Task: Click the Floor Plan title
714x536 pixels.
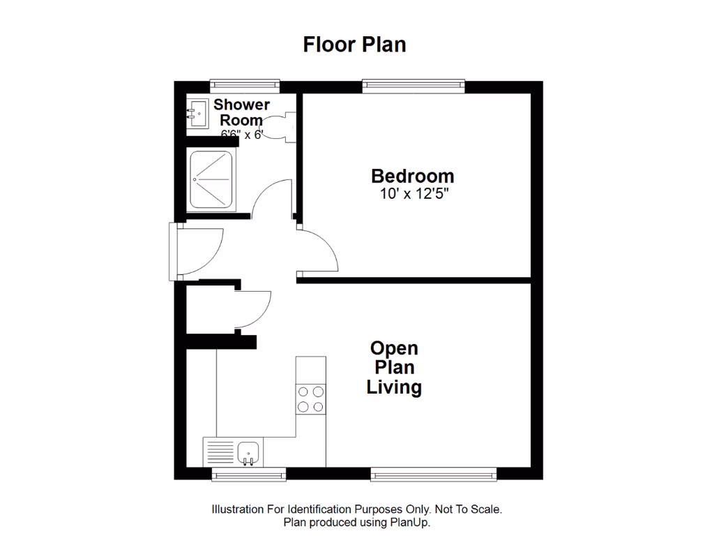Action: (354, 45)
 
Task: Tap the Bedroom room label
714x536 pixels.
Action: (412, 176)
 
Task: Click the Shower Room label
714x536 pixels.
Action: (241, 112)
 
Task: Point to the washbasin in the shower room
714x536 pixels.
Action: (197, 113)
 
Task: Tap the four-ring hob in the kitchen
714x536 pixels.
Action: (311, 399)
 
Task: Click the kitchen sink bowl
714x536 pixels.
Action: (248, 452)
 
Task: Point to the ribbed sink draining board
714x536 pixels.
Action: (219, 452)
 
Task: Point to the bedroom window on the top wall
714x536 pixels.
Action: (413, 86)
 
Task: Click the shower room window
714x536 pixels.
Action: (245, 86)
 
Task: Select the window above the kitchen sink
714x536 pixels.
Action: (249, 475)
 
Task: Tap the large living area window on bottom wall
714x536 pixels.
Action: (434, 475)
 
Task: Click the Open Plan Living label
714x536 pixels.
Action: (394, 367)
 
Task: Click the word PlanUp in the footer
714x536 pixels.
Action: (413, 522)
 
